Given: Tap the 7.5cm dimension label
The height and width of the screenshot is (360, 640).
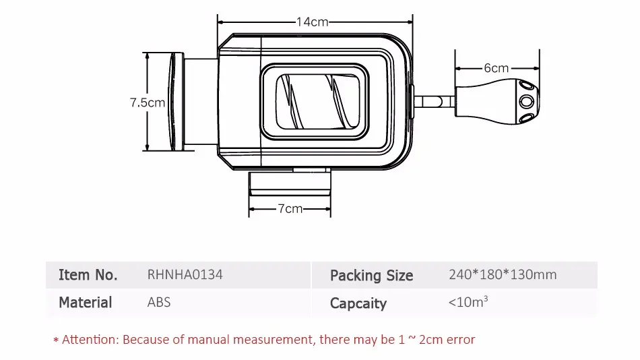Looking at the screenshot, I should tap(147, 103).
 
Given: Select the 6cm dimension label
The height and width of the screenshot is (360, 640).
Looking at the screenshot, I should tap(496, 68).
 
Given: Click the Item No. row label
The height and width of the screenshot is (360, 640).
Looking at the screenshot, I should tap(88, 275).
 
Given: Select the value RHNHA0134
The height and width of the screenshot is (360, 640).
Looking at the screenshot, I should tap(185, 275).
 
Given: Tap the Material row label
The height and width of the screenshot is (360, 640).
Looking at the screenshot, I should tap(85, 302).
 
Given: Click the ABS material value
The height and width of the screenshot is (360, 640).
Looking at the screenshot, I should tap(159, 302).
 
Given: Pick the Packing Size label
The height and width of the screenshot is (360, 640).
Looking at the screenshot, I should tap(371, 276).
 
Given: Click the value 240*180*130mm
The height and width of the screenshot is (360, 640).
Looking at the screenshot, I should tap(503, 275).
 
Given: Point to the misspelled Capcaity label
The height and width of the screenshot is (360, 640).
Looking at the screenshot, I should tap(358, 303).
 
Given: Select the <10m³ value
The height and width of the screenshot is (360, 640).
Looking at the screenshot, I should tap(468, 302).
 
